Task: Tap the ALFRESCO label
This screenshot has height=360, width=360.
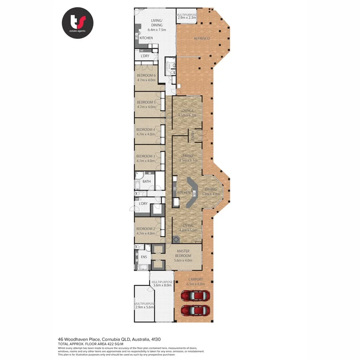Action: click(x=202, y=38)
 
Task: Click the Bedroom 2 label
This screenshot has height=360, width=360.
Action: click(x=146, y=230)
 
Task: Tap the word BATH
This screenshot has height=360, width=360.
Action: click(x=147, y=182)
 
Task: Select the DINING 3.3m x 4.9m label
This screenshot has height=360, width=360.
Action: click(x=210, y=192)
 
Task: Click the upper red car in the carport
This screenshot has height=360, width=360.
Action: click(x=195, y=296)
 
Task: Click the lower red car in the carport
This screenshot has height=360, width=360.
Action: click(x=195, y=310)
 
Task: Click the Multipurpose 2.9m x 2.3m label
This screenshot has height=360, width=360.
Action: click(x=186, y=16)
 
